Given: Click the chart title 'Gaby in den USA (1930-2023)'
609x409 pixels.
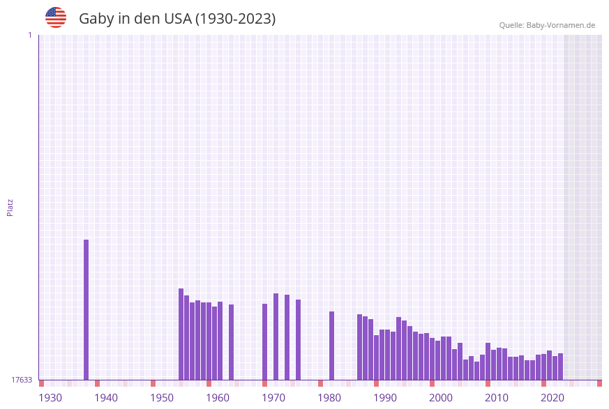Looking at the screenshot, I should [x=177, y=19].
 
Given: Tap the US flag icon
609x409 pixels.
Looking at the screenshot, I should [x=56, y=17].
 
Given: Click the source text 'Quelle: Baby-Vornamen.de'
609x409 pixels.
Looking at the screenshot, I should [x=547, y=25].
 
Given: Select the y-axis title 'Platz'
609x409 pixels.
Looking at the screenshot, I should [x=10, y=207].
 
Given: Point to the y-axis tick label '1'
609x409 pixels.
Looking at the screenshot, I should [x=29, y=35].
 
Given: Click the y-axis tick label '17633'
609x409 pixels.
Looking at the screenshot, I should [x=22, y=380].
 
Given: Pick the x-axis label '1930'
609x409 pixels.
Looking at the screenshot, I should [x=50, y=398].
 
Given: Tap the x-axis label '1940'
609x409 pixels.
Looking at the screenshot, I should [x=106, y=398].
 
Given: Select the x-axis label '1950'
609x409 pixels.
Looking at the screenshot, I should [x=162, y=398].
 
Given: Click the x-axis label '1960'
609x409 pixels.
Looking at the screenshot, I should [x=218, y=398].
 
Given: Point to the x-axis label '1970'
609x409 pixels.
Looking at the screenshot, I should [x=273, y=398].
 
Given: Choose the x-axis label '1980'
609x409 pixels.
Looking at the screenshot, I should [x=329, y=398].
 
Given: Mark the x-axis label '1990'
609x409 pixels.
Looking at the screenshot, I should [x=385, y=398].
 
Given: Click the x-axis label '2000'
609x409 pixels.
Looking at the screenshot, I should [x=441, y=398].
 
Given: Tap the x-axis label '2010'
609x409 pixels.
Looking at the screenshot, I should [x=497, y=398].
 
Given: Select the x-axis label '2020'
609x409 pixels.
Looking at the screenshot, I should [x=552, y=398].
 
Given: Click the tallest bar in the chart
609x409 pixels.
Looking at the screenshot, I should [x=87, y=310].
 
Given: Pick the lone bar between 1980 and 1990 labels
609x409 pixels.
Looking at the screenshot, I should [x=332, y=346].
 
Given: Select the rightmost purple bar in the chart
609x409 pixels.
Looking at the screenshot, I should [x=560, y=366].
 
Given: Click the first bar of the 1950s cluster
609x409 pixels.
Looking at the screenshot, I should [x=181, y=334].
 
